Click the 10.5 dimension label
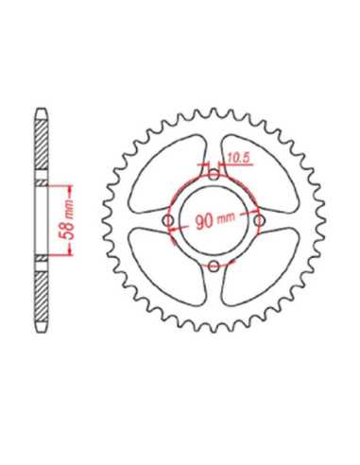pos(239,159)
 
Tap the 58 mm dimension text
pos(69,220)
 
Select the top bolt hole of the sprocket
pos(214,175)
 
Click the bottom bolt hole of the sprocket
pos(214,267)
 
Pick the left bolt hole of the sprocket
pos(168,220)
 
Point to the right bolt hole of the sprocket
pos(260,220)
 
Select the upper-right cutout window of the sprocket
pos(260,174)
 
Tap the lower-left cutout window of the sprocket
pos(167,267)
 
